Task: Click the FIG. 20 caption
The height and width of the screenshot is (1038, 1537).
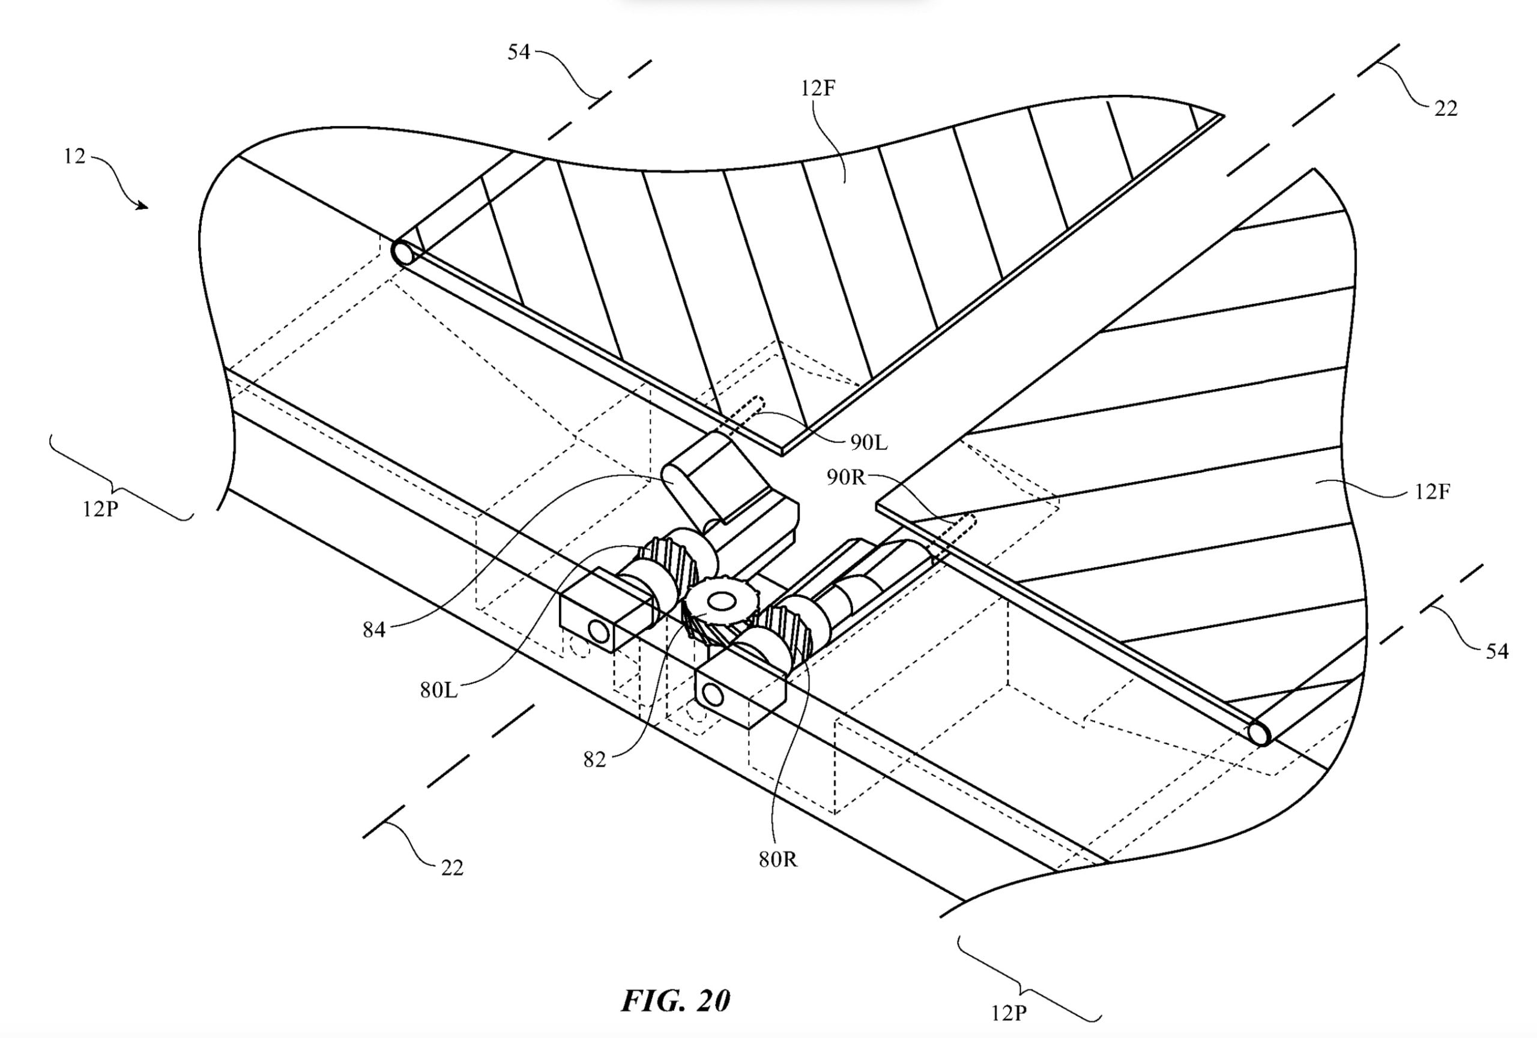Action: (x=675, y=1001)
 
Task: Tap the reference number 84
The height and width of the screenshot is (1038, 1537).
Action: (x=373, y=629)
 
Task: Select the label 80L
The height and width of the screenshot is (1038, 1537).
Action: (x=438, y=690)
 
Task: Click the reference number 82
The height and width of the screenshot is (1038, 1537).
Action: (x=594, y=759)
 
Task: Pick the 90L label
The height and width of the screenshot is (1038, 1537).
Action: (x=868, y=442)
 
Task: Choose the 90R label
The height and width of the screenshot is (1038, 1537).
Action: (x=846, y=477)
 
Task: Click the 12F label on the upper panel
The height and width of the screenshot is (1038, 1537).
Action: (x=818, y=88)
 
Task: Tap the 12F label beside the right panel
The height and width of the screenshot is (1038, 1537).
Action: (x=1433, y=491)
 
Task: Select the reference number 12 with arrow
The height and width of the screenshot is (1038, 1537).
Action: (x=74, y=157)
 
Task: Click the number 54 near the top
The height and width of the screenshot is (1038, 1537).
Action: (x=519, y=52)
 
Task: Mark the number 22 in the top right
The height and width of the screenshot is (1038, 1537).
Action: (x=1446, y=108)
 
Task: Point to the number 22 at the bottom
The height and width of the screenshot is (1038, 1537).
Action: (x=451, y=868)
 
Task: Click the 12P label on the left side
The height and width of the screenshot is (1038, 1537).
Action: (x=100, y=510)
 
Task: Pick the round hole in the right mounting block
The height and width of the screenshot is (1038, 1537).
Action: (x=711, y=694)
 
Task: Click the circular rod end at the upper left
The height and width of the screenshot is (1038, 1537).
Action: (x=402, y=253)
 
